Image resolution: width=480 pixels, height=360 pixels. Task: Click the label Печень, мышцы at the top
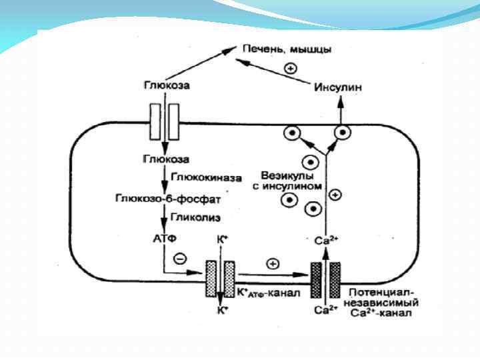pos(287,50)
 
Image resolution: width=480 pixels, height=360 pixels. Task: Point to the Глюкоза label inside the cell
pos(166,159)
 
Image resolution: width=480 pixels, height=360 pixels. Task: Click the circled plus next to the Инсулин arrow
pos(290,67)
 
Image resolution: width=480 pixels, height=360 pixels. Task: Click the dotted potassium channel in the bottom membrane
pos(219,279)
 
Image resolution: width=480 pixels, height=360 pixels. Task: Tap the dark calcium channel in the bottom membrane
pos(325,279)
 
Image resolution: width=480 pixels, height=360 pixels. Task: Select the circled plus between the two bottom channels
pos(272,264)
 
